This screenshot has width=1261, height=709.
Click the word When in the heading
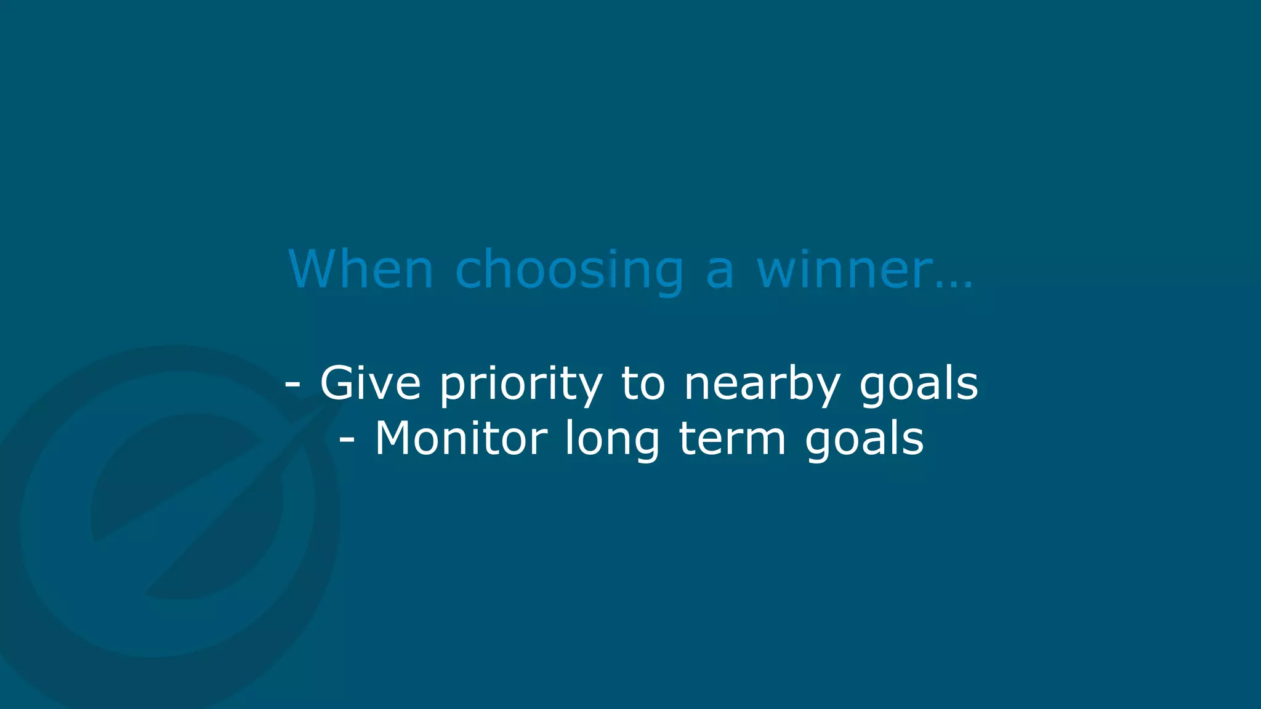[x=361, y=269]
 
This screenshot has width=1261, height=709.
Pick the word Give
[x=370, y=383]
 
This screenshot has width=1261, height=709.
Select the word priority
[x=521, y=385]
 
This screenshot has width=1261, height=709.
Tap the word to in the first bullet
[x=643, y=383]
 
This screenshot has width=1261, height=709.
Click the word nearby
[x=762, y=385]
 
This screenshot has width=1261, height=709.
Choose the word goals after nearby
[x=918, y=385]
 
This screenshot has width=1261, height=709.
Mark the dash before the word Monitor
[x=347, y=440]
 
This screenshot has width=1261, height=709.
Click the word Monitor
[x=461, y=438]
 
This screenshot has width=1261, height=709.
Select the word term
[x=732, y=439]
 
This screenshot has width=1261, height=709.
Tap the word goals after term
[x=864, y=440]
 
